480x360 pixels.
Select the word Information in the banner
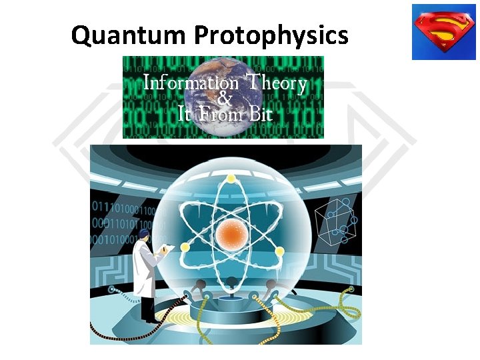tap(191, 85)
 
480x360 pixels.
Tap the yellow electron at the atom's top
tap(231, 179)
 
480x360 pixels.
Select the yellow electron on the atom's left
tap(185, 247)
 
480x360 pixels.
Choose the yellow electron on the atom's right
tap(280, 251)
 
